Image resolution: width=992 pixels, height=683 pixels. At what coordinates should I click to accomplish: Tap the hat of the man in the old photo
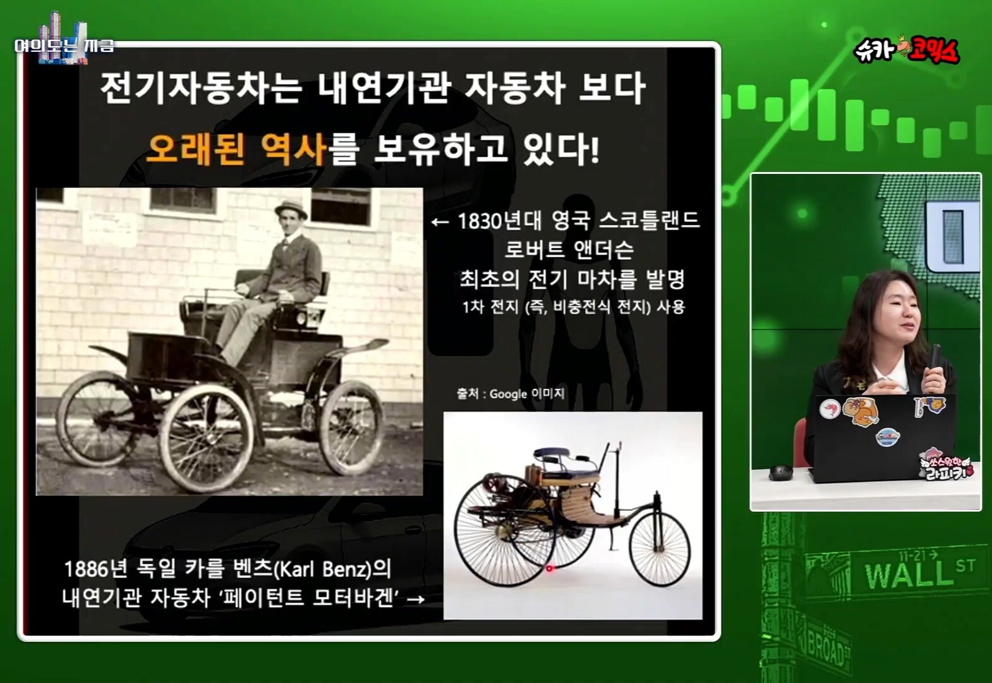tap(291, 209)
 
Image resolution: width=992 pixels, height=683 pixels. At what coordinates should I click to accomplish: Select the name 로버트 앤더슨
tap(569, 250)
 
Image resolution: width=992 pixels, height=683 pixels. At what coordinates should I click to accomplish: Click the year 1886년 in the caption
tap(95, 569)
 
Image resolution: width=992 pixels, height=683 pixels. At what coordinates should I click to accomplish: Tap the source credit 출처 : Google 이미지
tap(511, 393)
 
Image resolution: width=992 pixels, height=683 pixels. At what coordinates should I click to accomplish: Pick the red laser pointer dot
tap(550, 568)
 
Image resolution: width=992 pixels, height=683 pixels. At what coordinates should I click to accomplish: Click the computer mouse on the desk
tap(780, 472)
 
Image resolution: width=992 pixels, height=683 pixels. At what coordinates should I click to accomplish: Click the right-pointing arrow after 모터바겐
tap(415, 600)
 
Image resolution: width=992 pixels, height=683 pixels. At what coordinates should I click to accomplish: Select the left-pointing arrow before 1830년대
tap(440, 222)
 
